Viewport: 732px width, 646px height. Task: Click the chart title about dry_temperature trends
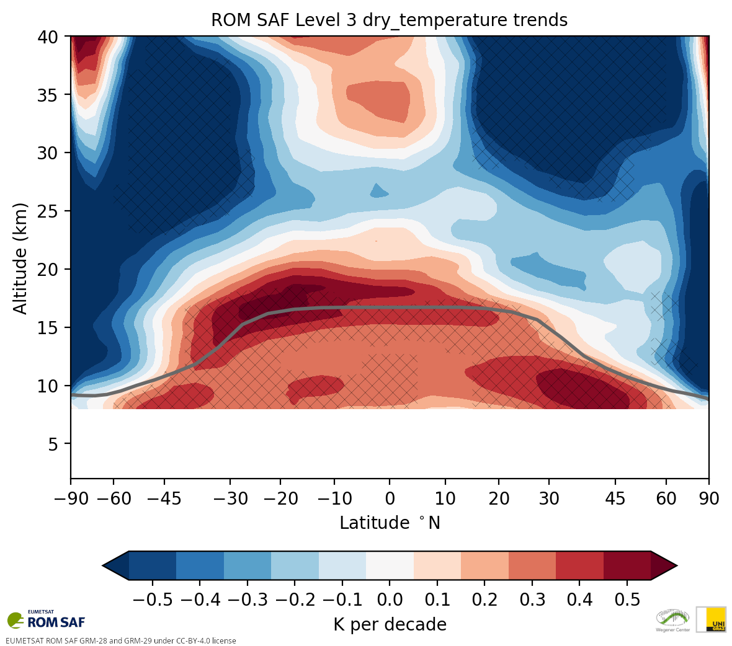coord(389,20)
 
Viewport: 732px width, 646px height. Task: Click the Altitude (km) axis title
coord(20,258)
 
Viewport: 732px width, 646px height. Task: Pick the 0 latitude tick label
coord(390,498)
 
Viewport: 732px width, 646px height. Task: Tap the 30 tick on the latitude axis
coord(549,498)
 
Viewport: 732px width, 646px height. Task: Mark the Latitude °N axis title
coord(390,523)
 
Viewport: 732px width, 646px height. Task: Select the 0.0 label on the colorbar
coord(390,600)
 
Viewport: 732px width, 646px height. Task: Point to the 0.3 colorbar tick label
coord(532,600)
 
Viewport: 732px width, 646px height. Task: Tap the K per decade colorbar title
coord(390,624)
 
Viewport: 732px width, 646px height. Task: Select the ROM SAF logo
coord(47,620)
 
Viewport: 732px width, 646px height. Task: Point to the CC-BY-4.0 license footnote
coord(121,641)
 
